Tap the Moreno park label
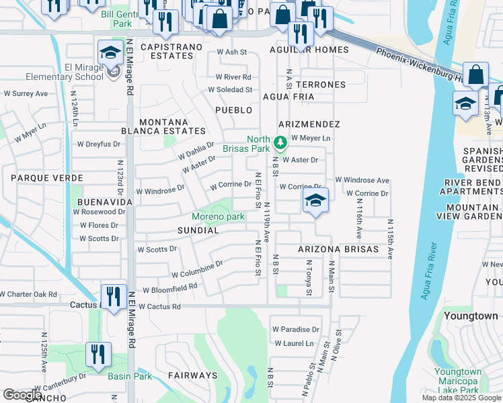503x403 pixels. pos(218,216)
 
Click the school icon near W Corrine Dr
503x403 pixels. pos(315,201)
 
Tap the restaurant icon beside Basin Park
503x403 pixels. pos(99,355)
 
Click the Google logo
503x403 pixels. pos(22,394)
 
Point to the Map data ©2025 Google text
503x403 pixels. pos(461,398)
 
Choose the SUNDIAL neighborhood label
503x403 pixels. pos(198,230)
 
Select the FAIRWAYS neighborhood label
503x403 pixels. pos(192,375)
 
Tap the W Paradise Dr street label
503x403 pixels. pos(296,330)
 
